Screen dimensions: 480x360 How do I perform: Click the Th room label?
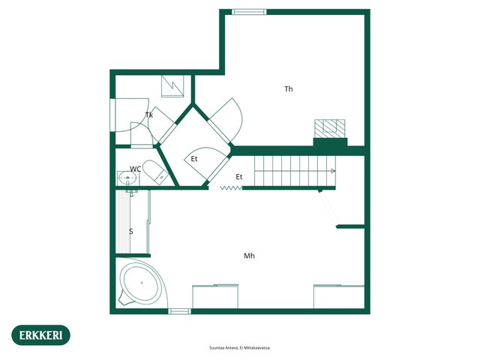pos(288,89)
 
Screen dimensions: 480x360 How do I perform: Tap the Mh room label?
pos(249,256)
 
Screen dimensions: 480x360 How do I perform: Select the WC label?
pos(135,169)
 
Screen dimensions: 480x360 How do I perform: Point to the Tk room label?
pos(149,115)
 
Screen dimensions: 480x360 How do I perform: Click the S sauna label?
pos(131,232)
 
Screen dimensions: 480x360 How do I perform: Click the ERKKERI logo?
pos(40,335)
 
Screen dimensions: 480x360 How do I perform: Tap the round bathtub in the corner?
pos(141,283)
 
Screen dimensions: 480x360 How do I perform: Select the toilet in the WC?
pos(155,172)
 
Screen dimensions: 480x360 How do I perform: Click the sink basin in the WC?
pos(127,177)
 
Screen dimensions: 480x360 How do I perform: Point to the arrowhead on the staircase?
pos(333,171)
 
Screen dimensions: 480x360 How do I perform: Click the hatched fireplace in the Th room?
pos(330,128)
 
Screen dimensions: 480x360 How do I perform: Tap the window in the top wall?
pos(249,12)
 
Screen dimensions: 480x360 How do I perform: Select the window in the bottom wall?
pos(180,311)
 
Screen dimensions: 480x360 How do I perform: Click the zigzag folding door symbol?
pos(231,188)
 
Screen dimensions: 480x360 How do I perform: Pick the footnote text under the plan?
pos(240,348)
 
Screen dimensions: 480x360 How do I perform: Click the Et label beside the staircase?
pos(239,177)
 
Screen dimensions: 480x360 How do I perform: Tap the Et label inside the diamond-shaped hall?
pos(194,159)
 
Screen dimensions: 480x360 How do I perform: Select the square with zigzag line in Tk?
pos(172,86)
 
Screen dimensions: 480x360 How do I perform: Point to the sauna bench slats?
pos(123,222)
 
